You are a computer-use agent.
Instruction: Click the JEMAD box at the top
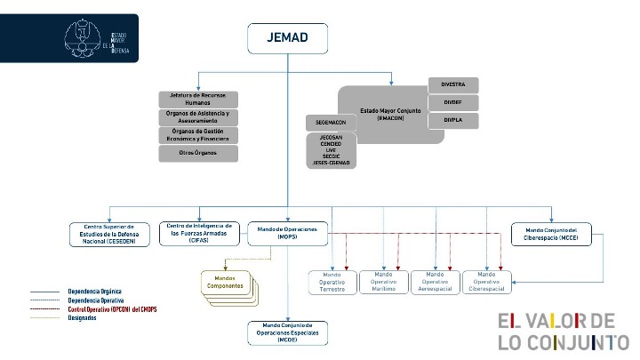coord(287,37)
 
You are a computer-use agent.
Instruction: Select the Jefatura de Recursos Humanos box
coord(198,99)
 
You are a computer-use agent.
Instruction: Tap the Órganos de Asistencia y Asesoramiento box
coord(198,116)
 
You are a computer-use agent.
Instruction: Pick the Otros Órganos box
coord(198,153)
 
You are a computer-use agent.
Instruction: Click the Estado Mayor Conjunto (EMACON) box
coord(382,111)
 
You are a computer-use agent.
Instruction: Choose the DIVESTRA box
coord(452,85)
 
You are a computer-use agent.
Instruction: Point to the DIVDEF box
coord(452,103)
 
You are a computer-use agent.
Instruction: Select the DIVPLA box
coord(452,121)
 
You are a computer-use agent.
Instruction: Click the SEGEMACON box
coord(331,122)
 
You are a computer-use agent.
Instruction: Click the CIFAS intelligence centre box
coord(198,233)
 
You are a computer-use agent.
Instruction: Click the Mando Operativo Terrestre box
coord(332,282)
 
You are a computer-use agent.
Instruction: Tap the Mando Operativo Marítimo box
coord(383,282)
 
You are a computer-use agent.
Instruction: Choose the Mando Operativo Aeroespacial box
coord(436,282)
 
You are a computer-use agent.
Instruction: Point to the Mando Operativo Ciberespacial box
coord(488,282)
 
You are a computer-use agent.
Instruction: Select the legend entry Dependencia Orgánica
coord(94,291)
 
